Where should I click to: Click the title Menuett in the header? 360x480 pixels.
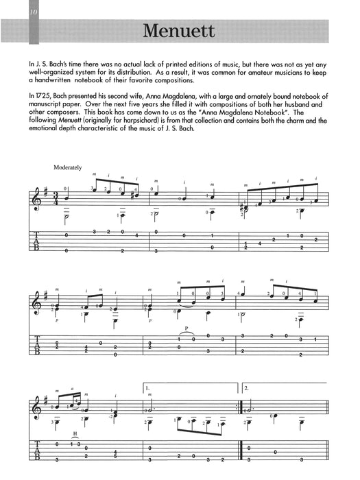point(180,32)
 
